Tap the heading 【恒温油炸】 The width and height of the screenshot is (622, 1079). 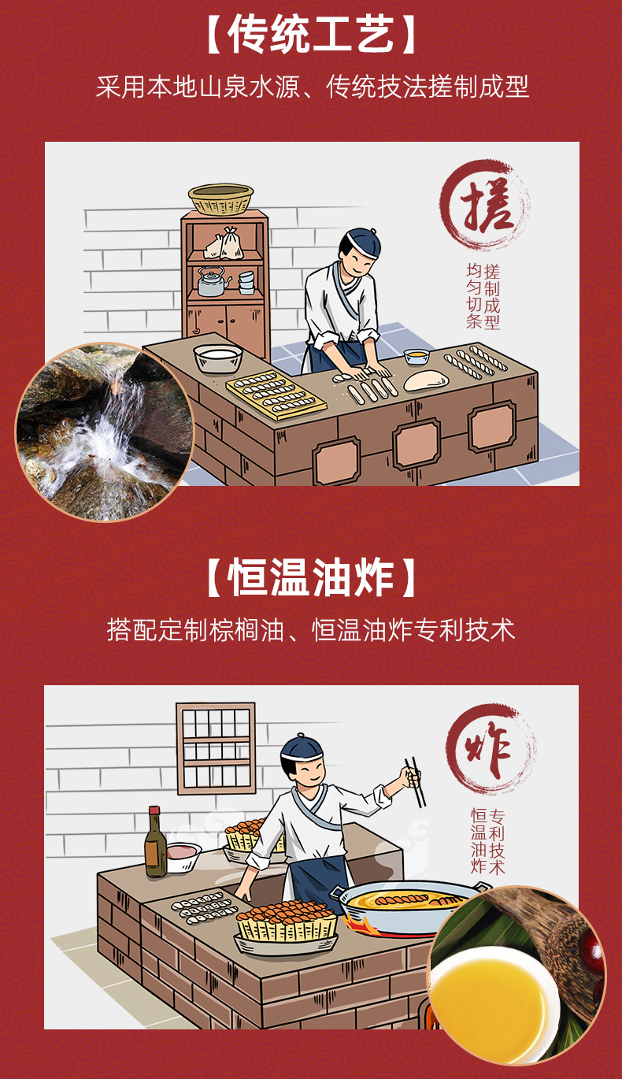tap(311, 579)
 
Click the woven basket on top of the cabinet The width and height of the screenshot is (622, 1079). tap(220, 199)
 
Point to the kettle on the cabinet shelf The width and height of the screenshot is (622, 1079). tap(211, 281)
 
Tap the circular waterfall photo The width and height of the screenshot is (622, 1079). tap(105, 432)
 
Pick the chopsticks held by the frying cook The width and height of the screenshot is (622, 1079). tap(415, 781)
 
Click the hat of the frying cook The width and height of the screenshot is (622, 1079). tap(302, 746)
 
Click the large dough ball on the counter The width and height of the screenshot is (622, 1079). tap(425, 381)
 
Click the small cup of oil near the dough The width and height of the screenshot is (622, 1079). tap(416, 356)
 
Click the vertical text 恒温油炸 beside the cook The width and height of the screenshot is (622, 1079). tap(479, 841)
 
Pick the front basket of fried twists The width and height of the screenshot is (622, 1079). tap(287, 926)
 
